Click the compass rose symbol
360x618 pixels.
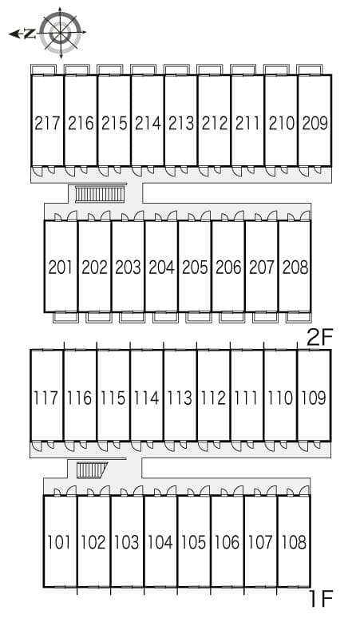click(61, 32)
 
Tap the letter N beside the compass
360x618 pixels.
click(29, 34)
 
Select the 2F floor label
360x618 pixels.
click(320, 338)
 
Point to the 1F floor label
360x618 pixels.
click(321, 599)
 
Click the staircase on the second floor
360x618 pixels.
click(100, 194)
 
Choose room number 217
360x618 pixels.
click(47, 124)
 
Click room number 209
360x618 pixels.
click(315, 124)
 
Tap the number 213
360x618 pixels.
click(181, 124)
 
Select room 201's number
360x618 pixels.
click(61, 267)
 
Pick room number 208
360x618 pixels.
click(295, 267)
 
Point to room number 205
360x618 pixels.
click(195, 267)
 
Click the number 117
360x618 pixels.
click(46, 398)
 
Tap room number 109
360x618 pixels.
click(314, 398)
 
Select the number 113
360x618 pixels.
click(180, 398)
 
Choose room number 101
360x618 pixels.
click(60, 542)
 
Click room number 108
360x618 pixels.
click(295, 542)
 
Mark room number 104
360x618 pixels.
click(160, 542)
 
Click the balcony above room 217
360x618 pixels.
click(44, 69)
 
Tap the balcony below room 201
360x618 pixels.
click(65, 317)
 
